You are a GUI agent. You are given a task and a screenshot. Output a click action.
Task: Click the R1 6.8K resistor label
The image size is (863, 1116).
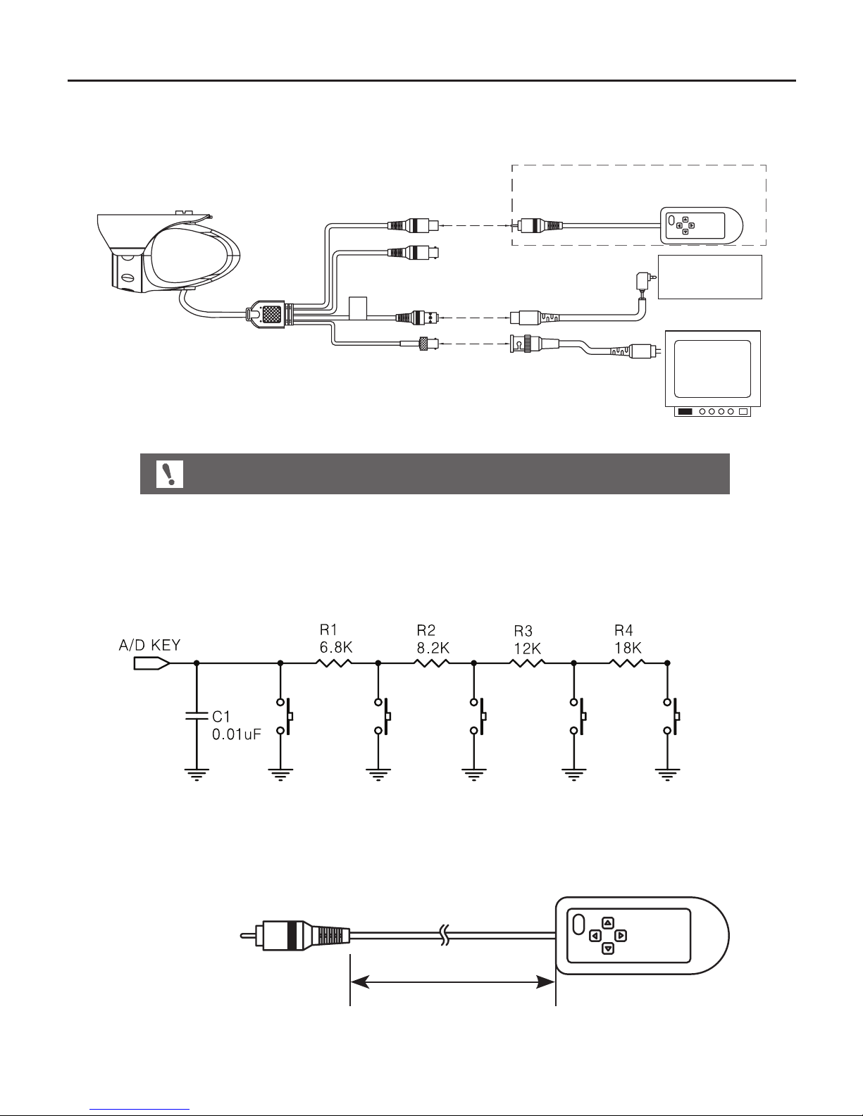point(336,639)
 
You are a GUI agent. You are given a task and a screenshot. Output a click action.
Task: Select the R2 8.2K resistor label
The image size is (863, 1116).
point(433,639)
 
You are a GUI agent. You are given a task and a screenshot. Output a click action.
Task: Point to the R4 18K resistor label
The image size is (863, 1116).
point(628,639)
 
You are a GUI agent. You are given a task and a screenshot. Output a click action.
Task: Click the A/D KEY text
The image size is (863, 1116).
point(149,645)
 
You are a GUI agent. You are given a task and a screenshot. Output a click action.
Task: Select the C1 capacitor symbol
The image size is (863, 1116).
point(197,716)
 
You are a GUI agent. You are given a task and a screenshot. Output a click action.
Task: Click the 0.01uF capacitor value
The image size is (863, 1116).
point(237,734)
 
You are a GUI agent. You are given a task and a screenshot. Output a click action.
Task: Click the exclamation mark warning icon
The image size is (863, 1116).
point(170,474)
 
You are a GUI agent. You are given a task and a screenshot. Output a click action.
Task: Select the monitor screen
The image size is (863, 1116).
point(712,369)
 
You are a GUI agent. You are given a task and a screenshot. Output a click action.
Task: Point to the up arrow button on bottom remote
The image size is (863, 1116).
point(608,923)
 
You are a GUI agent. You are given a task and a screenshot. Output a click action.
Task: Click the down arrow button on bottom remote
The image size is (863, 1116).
point(608,948)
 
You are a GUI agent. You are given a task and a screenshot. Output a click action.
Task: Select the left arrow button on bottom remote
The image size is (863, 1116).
point(595,936)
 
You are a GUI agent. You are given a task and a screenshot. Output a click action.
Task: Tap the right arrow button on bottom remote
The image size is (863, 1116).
point(621,936)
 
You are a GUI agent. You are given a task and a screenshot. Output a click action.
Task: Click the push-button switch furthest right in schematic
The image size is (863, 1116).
point(672,717)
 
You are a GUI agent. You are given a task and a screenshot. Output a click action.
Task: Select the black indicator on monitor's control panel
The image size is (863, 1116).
point(685,411)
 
